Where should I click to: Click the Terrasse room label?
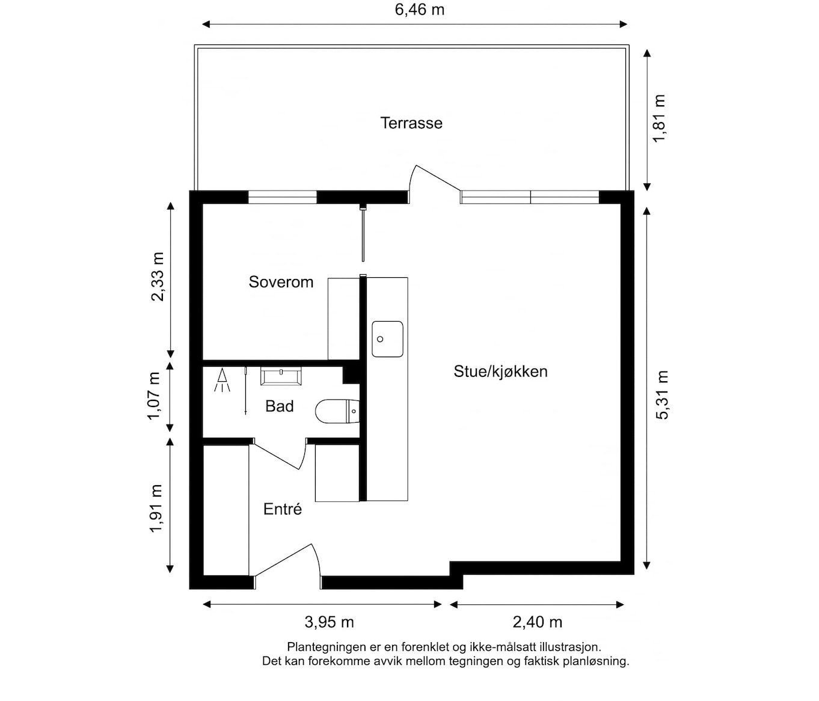pos(411,123)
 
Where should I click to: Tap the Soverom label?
pos(281,281)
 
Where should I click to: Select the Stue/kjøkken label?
pos(500,371)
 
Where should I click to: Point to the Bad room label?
pos(280,406)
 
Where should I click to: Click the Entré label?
pos(282,509)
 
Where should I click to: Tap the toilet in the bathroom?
pos(337,411)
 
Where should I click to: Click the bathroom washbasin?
pos(281,376)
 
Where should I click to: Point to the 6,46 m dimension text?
pos(420,9)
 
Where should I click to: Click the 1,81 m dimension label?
pos(660,118)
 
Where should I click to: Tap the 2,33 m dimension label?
pos(157,276)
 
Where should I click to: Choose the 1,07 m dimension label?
pos(155,397)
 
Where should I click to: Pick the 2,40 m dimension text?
pos(538,622)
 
